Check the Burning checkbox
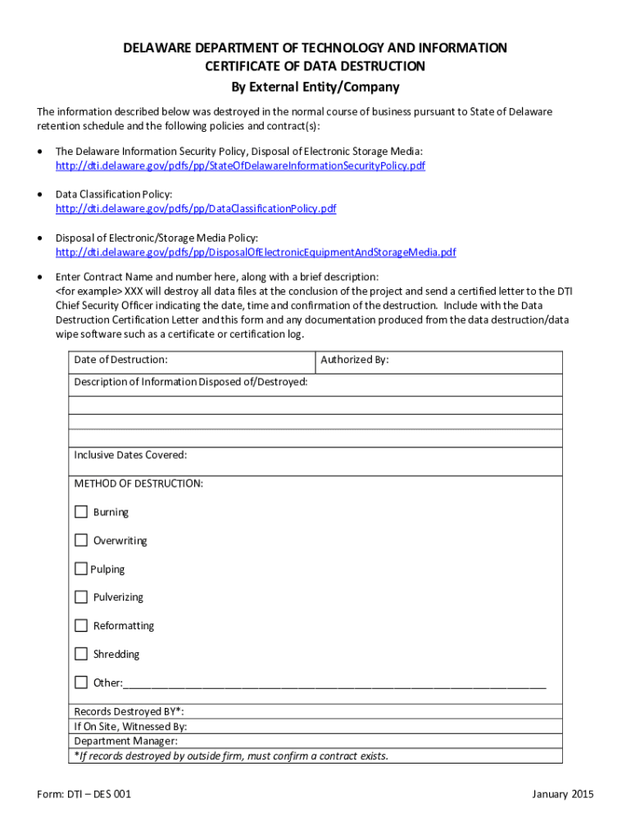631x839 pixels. (81, 512)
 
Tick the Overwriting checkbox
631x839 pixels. (81, 540)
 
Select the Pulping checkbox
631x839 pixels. (80, 569)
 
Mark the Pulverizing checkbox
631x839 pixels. (81, 597)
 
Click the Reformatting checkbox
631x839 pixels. (81, 626)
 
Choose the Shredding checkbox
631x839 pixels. (81, 654)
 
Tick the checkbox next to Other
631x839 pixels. (81, 683)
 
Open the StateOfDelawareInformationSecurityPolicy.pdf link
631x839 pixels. (240, 166)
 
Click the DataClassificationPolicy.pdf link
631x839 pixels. (196, 209)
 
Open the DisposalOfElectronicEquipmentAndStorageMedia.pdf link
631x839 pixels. (256, 252)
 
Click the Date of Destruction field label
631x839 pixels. (120, 360)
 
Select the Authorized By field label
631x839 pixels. (354, 360)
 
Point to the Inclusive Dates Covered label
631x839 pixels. (130, 455)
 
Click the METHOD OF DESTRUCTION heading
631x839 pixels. (138, 483)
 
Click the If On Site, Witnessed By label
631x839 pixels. (130, 727)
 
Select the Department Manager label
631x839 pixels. (125, 741)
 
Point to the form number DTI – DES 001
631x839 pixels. (84, 794)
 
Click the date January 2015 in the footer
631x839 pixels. (562, 794)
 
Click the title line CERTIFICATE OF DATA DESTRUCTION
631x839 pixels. (315, 66)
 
